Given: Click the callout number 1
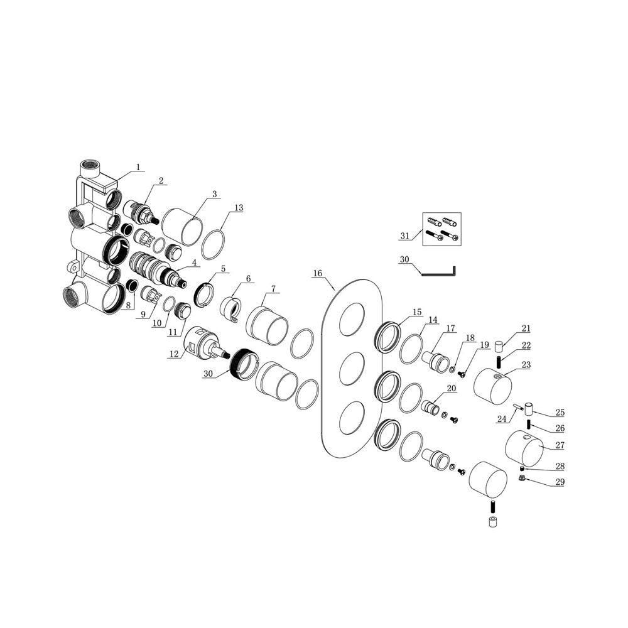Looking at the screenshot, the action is (x=138, y=166).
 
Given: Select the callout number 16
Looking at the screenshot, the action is (x=318, y=274).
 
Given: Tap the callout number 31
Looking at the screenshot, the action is (x=405, y=236).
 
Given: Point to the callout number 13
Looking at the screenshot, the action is (x=239, y=208).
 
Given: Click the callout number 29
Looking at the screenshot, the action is (x=560, y=482).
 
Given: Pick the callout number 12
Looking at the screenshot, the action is (x=174, y=354).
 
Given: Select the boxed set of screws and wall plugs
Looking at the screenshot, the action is (x=442, y=229).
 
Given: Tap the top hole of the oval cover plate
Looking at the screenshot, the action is (x=352, y=319).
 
